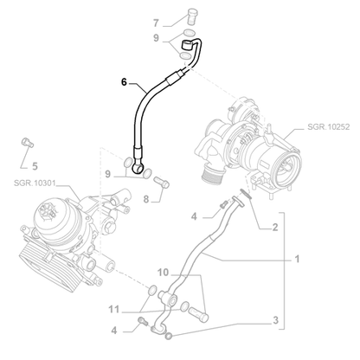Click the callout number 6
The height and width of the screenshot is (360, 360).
pyautogui.click(x=124, y=82)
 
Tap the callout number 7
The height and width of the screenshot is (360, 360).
pyautogui.click(x=156, y=22)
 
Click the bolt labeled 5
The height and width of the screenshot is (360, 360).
pyautogui.click(x=28, y=143)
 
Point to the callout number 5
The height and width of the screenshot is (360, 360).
pyautogui.click(x=35, y=166)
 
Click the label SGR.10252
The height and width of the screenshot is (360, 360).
pyautogui.click(x=328, y=126)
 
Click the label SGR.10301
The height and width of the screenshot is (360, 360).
pyautogui.click(x=35, y=183)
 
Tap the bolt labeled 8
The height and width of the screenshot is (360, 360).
pyautogui.click(x=162, y=183)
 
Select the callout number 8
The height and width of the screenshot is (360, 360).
pyautogui.click(x=146, y=199)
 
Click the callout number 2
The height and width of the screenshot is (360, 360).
pyautogui.click(x=275, y=227)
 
